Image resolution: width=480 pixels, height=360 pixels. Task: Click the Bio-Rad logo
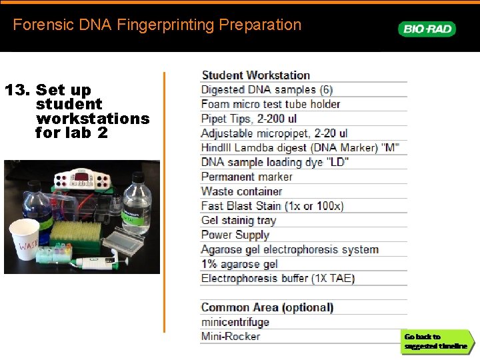pyautogui.click(x=427, y=29)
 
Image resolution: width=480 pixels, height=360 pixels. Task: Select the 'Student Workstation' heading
pyautogui.click(x=255, y=75)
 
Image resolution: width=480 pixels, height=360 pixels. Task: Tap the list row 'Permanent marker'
pyautogui.click(x=247, y=177)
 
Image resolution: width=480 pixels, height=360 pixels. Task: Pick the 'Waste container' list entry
pyautogui.click(x=241, y=191)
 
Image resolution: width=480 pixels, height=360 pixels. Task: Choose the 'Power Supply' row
pyautogui.click(x=235, y=235)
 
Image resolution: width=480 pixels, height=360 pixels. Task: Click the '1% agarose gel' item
pyautogui.click(x=239, y=264)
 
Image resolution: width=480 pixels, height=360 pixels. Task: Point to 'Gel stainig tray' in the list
pyautogui.click(x=238, y=220)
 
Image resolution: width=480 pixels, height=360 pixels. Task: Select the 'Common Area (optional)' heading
pyautogui.click(x=267, y=307)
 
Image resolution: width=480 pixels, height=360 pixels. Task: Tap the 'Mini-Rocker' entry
pyautogui.click(x=230, y=337)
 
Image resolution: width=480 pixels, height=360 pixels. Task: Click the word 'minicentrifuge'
pyautogui.click(x=235, y=322)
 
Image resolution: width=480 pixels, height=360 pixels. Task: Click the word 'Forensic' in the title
pyautogui.click(x=38, y=25)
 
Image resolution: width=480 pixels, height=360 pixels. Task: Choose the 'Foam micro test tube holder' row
pyautogui.click(x=270, y=104)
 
